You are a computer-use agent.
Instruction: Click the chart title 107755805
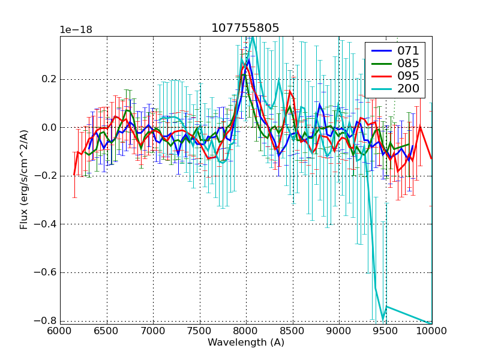245,28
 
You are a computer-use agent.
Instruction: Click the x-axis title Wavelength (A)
245,343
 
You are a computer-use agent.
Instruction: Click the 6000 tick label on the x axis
60,331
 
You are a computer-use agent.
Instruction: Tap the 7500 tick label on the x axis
199,331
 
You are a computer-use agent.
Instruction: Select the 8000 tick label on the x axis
245,331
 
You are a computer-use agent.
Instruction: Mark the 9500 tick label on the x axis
385,331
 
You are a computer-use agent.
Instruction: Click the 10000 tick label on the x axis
431,331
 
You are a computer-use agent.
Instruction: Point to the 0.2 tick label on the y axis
49,79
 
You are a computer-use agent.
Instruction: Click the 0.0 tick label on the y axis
49,127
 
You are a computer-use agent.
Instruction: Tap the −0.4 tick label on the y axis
46,224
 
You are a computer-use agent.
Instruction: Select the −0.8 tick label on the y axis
46,320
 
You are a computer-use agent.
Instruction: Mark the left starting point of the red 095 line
74,175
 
